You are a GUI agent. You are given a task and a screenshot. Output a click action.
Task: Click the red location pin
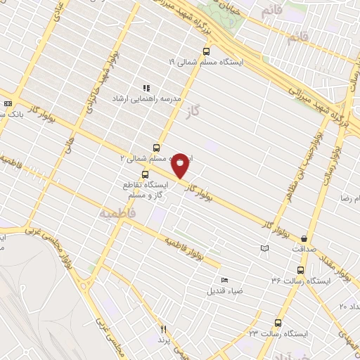point(181,164)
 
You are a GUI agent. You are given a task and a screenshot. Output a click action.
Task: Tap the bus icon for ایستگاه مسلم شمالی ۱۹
point(206,51)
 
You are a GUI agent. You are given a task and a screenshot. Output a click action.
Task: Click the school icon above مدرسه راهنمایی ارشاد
point(146,89)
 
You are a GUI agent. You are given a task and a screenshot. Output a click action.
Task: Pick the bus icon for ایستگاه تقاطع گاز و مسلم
point(146,174)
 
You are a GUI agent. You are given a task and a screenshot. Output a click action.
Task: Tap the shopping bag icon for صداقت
point(303,238)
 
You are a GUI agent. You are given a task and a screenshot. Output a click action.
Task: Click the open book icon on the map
point(264,248)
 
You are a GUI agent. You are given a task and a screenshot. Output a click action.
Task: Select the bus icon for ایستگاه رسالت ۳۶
point(301,269)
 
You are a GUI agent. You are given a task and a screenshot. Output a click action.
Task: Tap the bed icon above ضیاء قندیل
point(224,278)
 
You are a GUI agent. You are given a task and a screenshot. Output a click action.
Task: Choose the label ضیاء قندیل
point(224,289)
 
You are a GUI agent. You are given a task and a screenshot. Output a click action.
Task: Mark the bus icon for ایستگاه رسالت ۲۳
point(278,323)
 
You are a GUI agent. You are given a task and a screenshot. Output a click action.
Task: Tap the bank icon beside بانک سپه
point(7,103)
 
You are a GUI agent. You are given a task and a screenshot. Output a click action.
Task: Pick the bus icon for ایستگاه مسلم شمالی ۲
point(155,148)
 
